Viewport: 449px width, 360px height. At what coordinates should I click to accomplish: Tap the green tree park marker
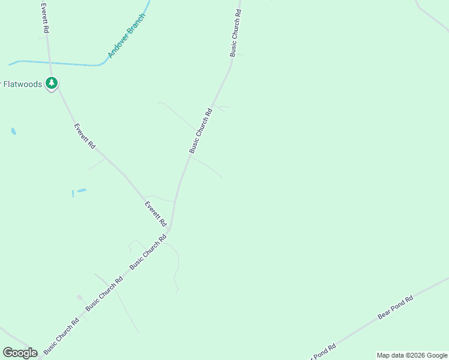tap(52, 83)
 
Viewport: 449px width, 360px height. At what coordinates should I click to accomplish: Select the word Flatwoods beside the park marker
tap(23, 84)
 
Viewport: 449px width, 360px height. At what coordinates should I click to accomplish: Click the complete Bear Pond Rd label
tap(396, 307)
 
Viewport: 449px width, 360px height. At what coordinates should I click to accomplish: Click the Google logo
tap(20, 353)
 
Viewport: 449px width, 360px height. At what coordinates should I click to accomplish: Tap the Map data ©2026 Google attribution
tap(412, 355)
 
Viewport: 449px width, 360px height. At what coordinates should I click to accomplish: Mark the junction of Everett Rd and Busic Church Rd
tap(169, 230)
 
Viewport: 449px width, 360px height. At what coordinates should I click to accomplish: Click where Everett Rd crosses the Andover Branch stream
tap(49, 62)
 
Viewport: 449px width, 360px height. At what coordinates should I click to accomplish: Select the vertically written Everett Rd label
tap(44, 17)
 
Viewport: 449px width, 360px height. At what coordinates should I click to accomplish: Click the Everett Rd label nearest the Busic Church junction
tap(155, 214)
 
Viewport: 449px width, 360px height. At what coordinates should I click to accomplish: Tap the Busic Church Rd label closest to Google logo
tap(61, 335)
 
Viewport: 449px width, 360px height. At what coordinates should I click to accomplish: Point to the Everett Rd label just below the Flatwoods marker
tap(85, 136)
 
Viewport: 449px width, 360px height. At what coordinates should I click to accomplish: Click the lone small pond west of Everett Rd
tap(13, 131)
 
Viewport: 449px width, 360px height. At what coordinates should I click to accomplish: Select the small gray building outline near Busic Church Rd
tap(79, 298)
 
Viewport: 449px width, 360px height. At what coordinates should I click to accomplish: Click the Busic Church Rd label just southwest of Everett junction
tap(148, 253)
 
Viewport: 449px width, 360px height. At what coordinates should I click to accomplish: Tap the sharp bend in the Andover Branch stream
tap(101, 64)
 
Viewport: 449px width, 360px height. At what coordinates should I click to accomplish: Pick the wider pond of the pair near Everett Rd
tap(82, 191)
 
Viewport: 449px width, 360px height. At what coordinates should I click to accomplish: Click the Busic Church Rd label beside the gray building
tap(104, 293)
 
